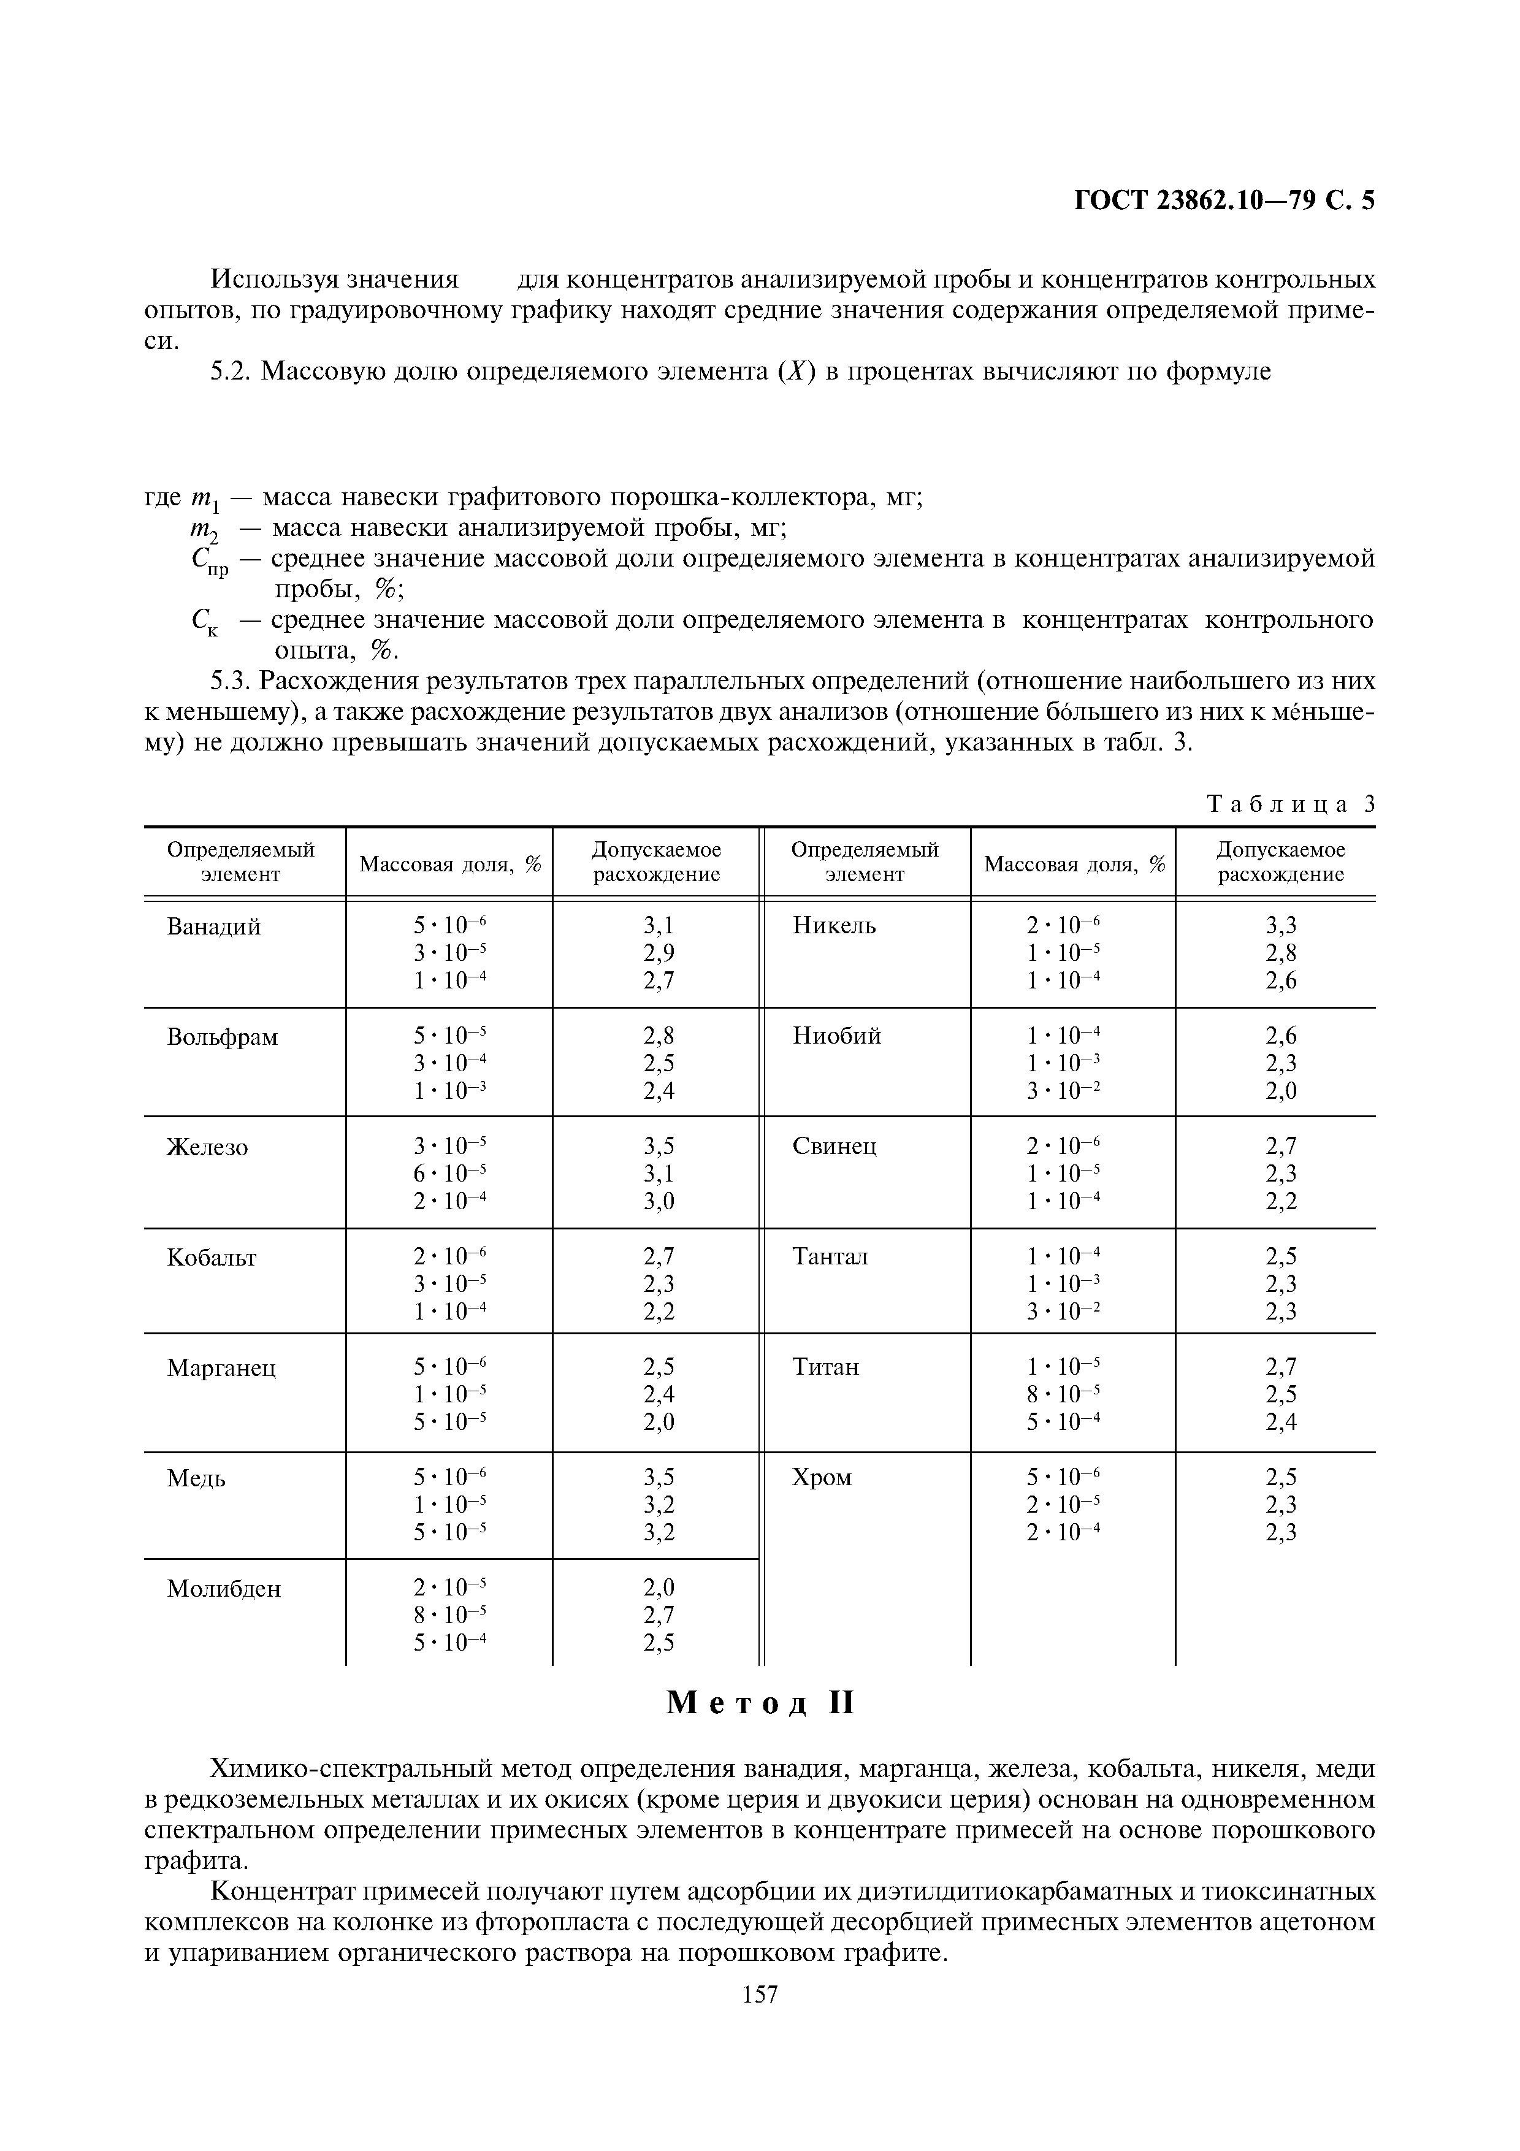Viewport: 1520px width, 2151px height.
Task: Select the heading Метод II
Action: [x=760, y=1702]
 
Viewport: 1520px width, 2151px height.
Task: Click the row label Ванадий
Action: [x=213, y=926]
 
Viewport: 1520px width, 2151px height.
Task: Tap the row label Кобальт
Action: [x=212, y=1257]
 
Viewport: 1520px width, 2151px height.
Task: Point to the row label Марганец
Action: [x=221, y=1368]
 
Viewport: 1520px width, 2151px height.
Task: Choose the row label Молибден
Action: [x=224, y=1588]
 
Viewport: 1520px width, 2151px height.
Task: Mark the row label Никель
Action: [x=833, y=926]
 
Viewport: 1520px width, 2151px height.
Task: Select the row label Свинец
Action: [x=833, y=1146]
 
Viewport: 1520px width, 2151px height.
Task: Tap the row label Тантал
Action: [x=830, y=1256]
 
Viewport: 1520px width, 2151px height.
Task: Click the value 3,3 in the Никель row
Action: [x=1280, y=926]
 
